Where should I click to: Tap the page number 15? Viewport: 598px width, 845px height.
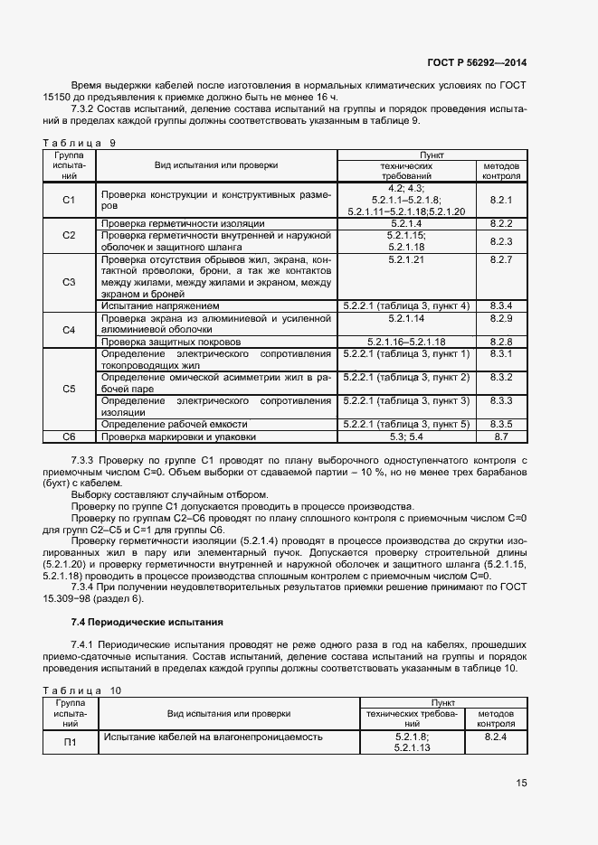pyautogui.click(x=521, y=783)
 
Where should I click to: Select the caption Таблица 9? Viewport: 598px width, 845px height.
pyautogui.click(x=80, y=143)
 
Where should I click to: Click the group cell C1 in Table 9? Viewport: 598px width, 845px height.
pyautogui.click(x=68, y=200)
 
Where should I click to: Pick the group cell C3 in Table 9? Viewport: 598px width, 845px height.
pyautogui.click(x=68, y=282)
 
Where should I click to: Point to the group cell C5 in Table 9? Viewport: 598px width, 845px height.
pyautogui.click(x=68, y=389)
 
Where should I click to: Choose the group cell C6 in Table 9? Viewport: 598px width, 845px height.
pyautogui.click(x=68, y=437)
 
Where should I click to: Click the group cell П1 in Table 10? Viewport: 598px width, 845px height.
pyautogui.click(x=70, y=742)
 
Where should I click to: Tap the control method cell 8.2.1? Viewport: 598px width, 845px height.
pyautogui.click(x=500, y=200)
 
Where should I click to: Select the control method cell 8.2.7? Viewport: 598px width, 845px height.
pyautogui.click(x=500, y=259)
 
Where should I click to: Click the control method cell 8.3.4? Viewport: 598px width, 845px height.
pyautogui.click(x=500, y=306)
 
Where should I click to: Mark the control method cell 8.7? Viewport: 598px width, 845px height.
pyautogui.click(x=500, y=437)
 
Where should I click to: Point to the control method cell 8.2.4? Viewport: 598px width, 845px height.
pyautogui.click(x=496, y=737)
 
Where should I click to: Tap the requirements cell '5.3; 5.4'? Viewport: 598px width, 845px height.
pyautogui.click(x=406, y=437)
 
